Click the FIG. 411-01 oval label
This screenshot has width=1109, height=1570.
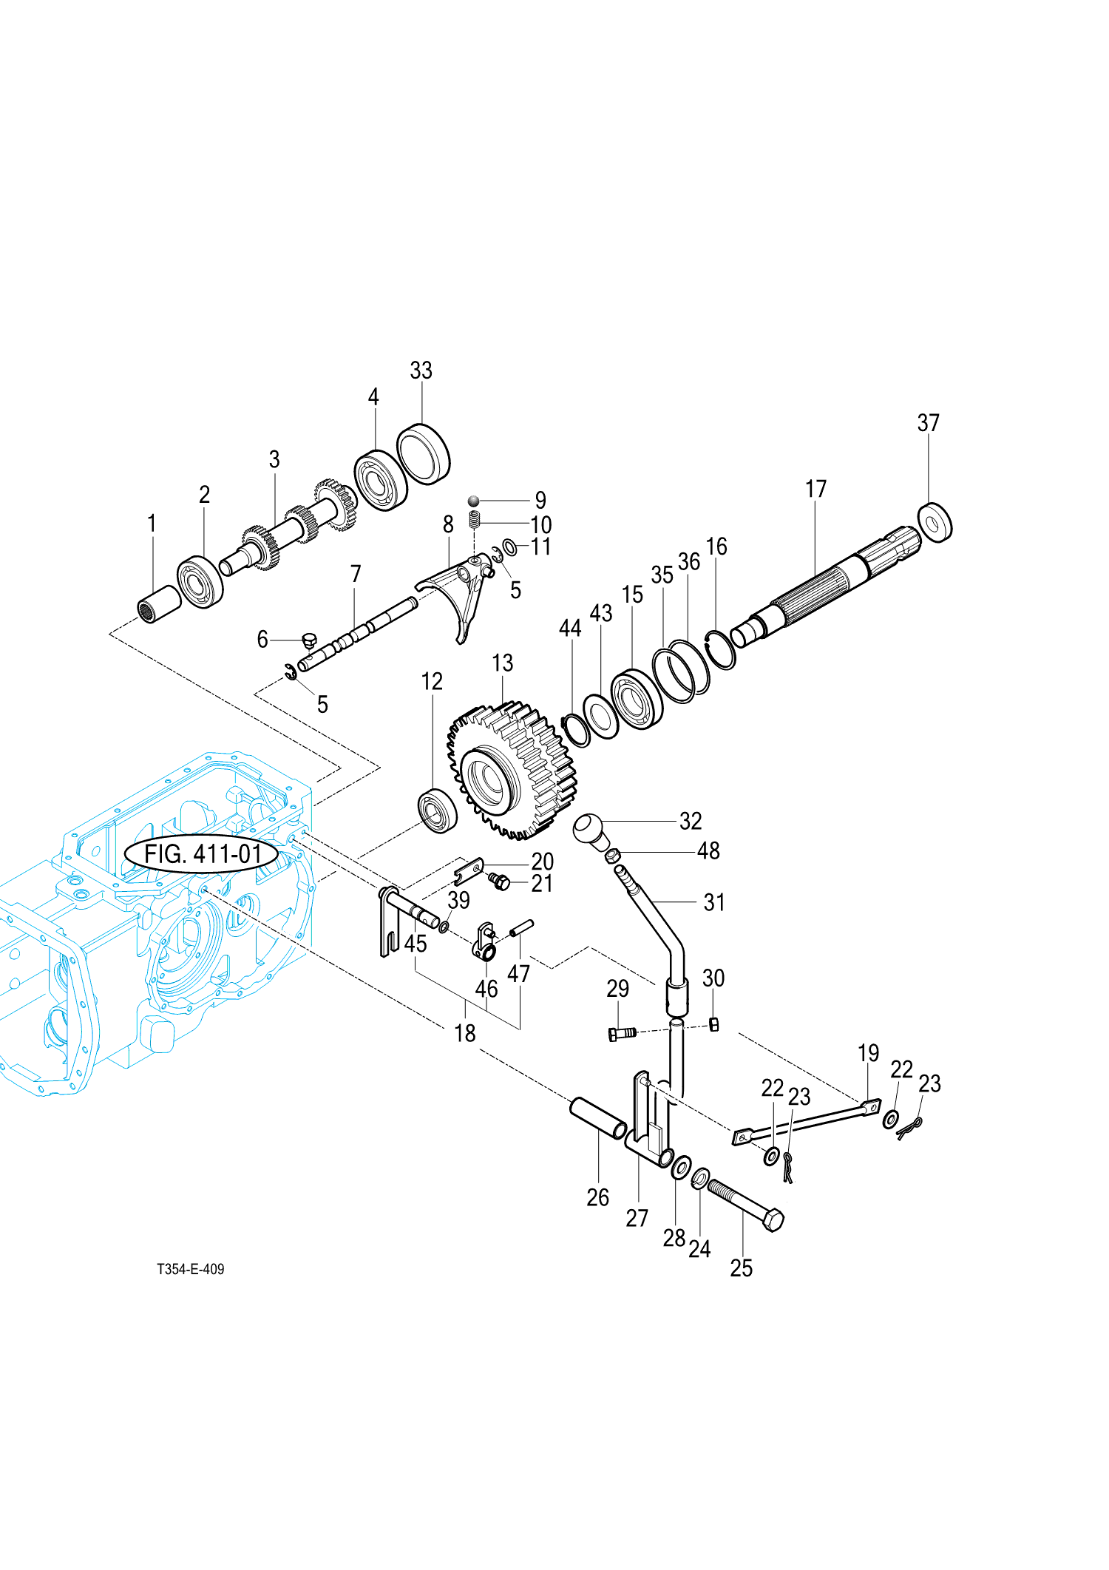pos(202,854)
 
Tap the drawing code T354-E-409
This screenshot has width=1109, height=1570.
pos(190,1269)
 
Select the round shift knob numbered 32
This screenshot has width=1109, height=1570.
pos(591,830)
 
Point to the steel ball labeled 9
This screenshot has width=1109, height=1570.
pos(474,501)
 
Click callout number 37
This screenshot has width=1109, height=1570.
pos(928,423)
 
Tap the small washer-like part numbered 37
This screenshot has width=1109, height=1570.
pos(935,523)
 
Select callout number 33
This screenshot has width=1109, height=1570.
pos(421,370)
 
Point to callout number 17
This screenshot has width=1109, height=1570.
pos(815,489)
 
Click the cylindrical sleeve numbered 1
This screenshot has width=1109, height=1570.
pos(160,603)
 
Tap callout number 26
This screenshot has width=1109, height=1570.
pos(597,1197)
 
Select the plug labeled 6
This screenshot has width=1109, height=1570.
pos(309,639)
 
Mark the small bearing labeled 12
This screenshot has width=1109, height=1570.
pos(437,811)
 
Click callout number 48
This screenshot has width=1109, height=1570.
pos(708,850)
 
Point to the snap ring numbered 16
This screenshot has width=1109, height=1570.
pos(720,649)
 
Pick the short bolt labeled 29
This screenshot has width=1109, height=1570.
pos(621,1033)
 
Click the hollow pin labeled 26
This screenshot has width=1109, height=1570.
pos(597,1117)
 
